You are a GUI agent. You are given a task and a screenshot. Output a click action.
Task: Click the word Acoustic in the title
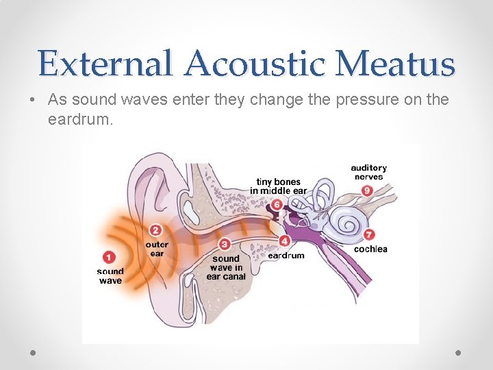260,64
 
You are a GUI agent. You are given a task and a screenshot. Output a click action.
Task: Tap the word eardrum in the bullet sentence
79,121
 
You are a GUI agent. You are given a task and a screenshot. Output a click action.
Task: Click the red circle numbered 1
109,257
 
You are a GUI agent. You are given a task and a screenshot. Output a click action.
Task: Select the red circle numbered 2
156,230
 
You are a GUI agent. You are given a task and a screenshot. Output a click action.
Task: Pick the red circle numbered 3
225,244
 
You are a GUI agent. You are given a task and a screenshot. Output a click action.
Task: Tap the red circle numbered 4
283,241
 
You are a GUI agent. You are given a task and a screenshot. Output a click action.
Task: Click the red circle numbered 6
277,204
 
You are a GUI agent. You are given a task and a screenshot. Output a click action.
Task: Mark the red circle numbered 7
370,235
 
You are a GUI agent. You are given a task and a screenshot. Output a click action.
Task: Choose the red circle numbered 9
367,190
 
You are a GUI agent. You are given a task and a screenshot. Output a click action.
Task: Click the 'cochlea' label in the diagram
370,249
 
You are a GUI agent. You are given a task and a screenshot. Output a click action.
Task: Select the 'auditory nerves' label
369,172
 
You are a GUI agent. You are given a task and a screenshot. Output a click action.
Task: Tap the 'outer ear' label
157,249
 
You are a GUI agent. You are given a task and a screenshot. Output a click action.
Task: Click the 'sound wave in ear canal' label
226,267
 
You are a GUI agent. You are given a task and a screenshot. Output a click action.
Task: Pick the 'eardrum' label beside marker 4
286,256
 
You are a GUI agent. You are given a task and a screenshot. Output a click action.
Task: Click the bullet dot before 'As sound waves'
33,100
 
